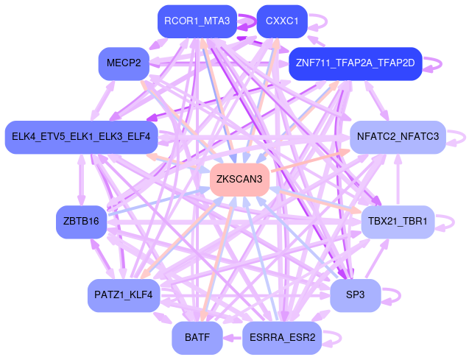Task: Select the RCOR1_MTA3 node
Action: [x=198, y=21]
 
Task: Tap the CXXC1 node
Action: [x=281, y=21]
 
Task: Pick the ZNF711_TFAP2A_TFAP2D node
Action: [x=355, y=63]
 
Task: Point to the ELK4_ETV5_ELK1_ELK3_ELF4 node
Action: [x=81, y=137]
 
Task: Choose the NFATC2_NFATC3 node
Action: [x=397, y=137]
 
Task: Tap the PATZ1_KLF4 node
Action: [x=124, y=295]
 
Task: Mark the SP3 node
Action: [x=356, y=295]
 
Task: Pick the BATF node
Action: [x=197, y=338]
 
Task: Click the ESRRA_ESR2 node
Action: [x=282, y=338]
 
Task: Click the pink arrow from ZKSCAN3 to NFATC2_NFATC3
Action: [x=309, y=163]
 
